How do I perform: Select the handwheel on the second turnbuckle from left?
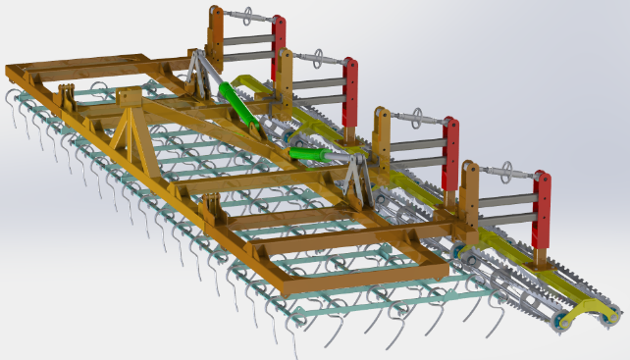click(x=319, y=57)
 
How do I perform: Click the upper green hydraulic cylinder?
click(x=237, y=106)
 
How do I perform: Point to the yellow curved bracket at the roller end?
click(x=594, y=312)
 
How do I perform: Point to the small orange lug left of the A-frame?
click(x=67, y=96)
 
